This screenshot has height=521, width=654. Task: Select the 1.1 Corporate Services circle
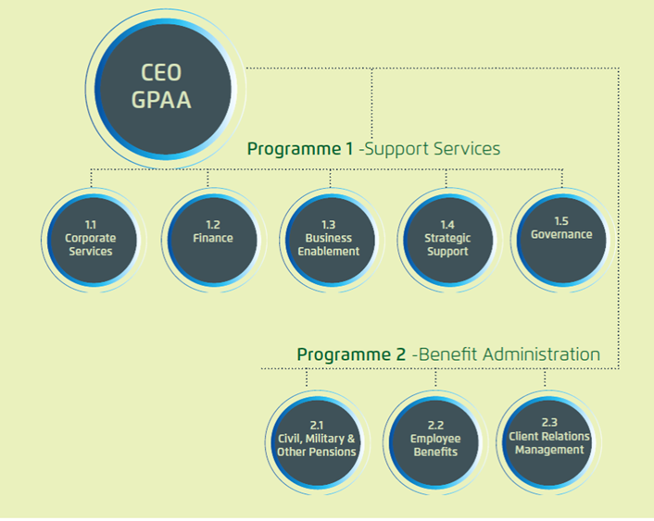coord(90,239)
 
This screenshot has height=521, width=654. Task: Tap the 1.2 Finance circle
coord(213,239)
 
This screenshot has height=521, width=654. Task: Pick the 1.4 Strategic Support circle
coord(447,239)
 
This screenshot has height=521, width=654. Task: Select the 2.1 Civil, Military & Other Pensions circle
coord(316,440)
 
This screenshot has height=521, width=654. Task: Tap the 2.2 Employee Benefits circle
coord(435,440)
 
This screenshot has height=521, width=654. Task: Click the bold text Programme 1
coord(300,149)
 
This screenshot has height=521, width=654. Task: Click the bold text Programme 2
coord(350,354)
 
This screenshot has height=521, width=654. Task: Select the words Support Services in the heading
coord(433,149)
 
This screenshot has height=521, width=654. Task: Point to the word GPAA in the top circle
coord(161,100)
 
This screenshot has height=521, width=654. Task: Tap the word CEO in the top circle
coord(161,73)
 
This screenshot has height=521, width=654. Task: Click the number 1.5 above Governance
coord(561,221)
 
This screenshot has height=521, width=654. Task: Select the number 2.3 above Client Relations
coord(549,423)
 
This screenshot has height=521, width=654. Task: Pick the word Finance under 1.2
coord(213,239)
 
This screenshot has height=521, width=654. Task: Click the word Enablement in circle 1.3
coord(329,252)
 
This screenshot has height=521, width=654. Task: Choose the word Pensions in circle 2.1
coord(333,453)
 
